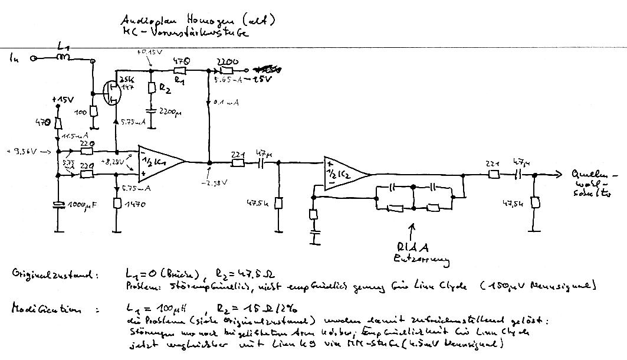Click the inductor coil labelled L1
(63, 58)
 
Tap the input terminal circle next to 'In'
(34, 58)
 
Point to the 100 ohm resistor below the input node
(93, 113)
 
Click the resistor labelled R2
(152, 89)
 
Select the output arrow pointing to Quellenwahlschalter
(551, 175)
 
